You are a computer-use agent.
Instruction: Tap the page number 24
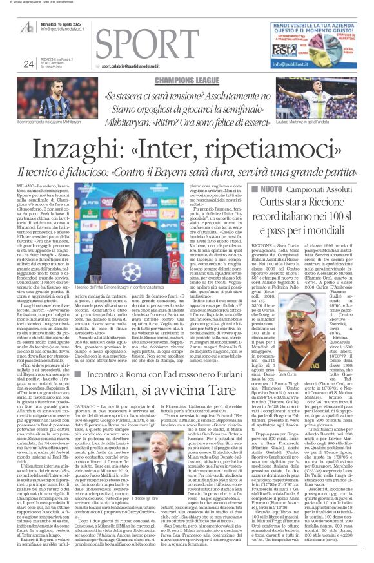tap(28, 64)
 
